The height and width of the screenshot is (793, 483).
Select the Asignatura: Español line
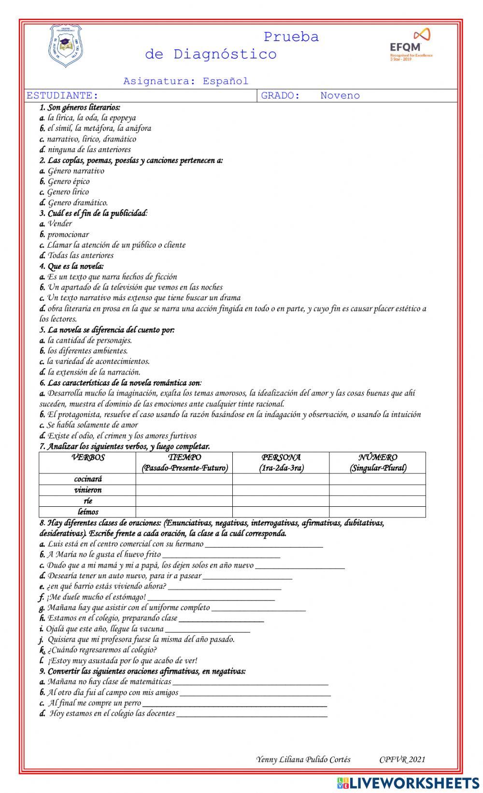(x=185, y=81)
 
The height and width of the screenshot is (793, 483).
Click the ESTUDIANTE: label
(x=62, y=96)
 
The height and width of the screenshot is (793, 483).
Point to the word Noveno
(x=340, y=96)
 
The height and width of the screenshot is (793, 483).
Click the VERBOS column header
(x=87, y=458)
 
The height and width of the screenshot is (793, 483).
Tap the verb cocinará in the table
(x=87, y=479)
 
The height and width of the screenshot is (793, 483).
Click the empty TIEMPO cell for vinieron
(x=184, y=490)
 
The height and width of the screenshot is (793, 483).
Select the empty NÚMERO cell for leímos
(x=377, y=512)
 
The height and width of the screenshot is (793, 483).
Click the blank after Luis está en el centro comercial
(x=263, y=545)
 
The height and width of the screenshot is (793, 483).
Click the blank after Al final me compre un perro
(x=234, y=704)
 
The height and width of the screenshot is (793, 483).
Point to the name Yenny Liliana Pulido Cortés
(x=303, y=760)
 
